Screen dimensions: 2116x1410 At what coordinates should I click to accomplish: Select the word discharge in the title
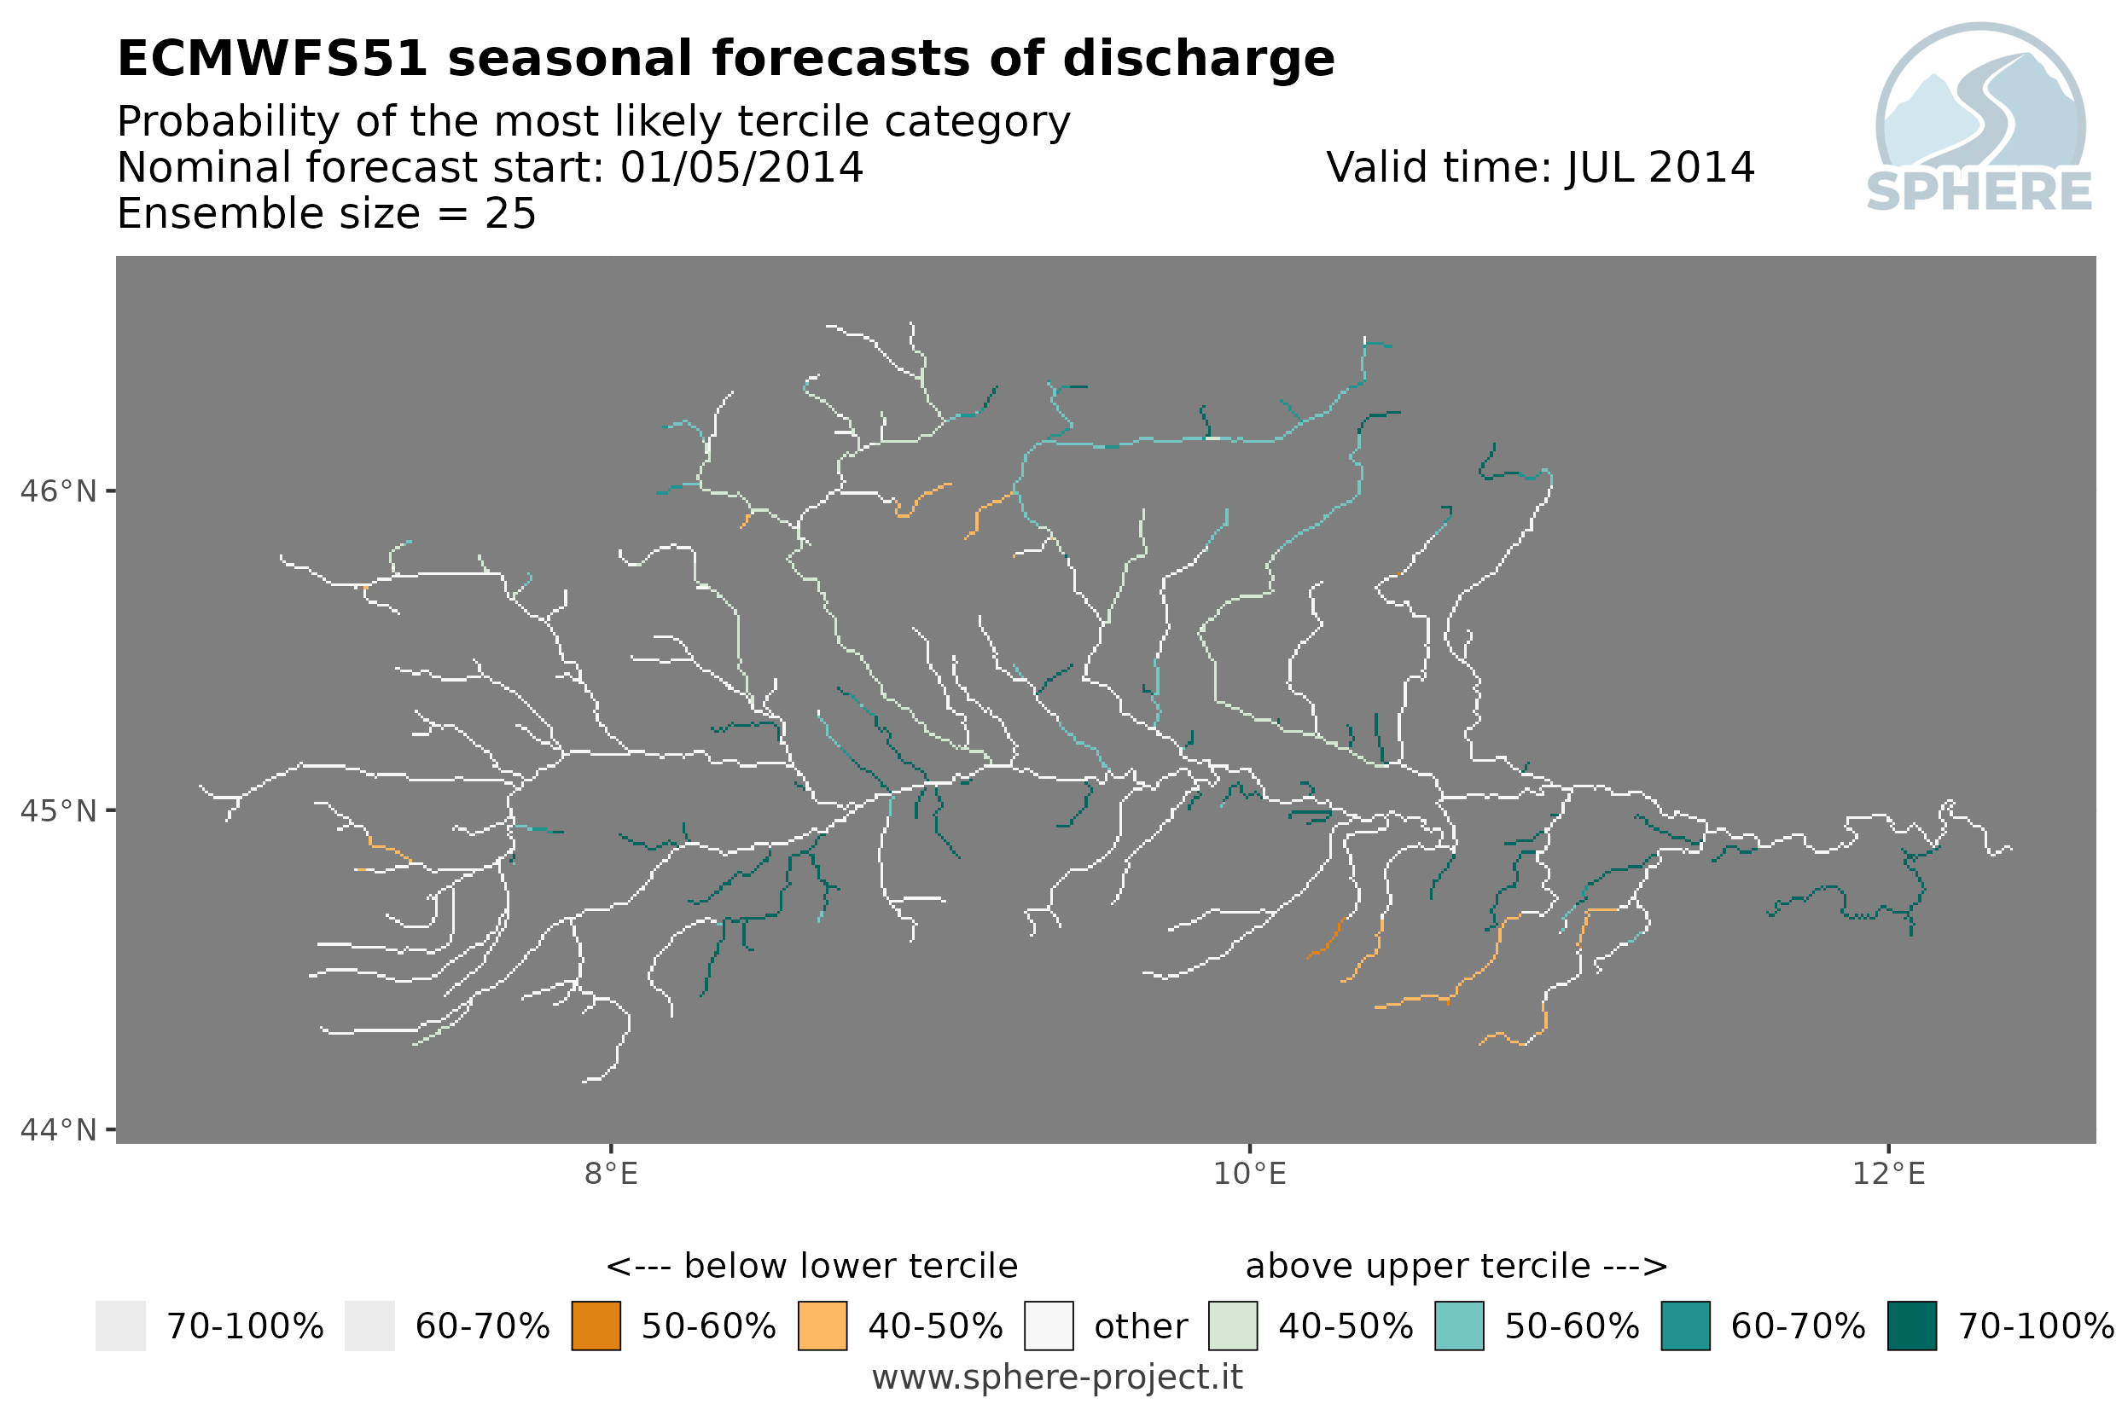point(1198,61)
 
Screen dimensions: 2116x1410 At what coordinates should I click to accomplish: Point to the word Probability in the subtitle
point(228,122)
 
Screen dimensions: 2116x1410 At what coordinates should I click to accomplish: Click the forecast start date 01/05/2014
point(742,167)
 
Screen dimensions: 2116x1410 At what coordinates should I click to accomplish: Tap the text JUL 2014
point(1660,167)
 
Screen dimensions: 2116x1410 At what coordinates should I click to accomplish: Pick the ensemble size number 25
point(511,214)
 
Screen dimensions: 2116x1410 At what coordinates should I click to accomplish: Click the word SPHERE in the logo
point(1979,192)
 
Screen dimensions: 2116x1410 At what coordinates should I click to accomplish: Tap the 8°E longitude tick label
point(612,1175)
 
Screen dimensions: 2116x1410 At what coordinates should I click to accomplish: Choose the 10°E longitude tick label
point(1250,1175)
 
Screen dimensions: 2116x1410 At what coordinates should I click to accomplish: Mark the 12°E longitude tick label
point(1888,1175)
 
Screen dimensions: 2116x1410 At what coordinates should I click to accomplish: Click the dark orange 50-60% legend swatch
point(596,1326)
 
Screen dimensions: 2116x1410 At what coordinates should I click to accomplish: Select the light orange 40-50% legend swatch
point(823,1326)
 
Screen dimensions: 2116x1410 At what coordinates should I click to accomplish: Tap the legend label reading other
point(1141,1327)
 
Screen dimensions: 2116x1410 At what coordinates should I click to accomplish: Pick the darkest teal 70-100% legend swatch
point(1912,1326)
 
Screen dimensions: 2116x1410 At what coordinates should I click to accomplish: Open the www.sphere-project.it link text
point(1057,1378)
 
